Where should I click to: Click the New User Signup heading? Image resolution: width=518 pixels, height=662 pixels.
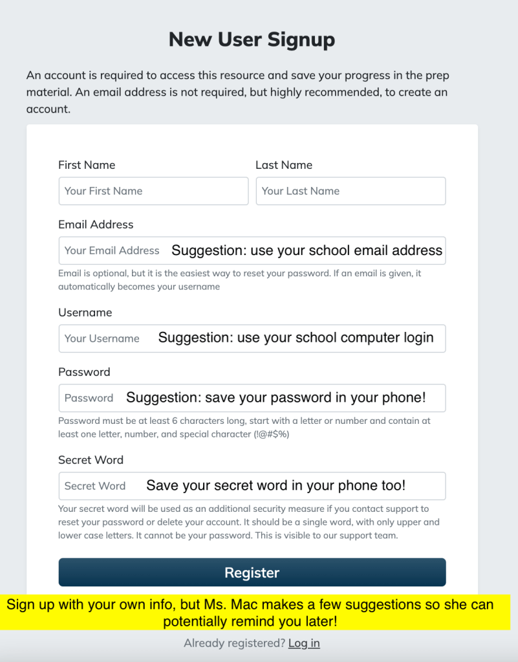point(252,40)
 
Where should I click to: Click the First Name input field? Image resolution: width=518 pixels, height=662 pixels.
point(153,191)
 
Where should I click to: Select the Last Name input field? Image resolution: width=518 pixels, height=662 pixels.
point(351,191)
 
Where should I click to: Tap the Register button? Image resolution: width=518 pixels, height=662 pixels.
point(252,573)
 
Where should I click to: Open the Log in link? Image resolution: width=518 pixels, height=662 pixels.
point(304,643)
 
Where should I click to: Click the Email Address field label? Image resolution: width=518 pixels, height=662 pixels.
point(96,225)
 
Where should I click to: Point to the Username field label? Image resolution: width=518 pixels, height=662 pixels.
point(85,313)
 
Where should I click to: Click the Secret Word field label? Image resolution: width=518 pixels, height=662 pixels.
point(91,460)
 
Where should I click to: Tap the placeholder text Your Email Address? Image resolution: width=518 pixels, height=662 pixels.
point(112,250)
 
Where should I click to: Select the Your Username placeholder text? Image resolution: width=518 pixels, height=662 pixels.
point(102,338)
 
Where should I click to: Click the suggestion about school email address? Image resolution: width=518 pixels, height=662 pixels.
point(307,250)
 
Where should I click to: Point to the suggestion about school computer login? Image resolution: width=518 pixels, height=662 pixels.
point(296,338)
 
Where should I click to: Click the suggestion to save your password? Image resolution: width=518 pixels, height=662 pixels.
point(276,397)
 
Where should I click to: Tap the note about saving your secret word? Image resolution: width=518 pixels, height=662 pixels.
point(275,485)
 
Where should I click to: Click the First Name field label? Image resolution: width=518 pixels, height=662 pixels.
point(87,165)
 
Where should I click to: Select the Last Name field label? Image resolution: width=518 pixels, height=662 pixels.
point(284,165)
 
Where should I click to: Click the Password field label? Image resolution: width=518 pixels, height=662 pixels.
point(84,372)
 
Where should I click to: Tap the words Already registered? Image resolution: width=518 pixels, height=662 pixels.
point(234,643)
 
